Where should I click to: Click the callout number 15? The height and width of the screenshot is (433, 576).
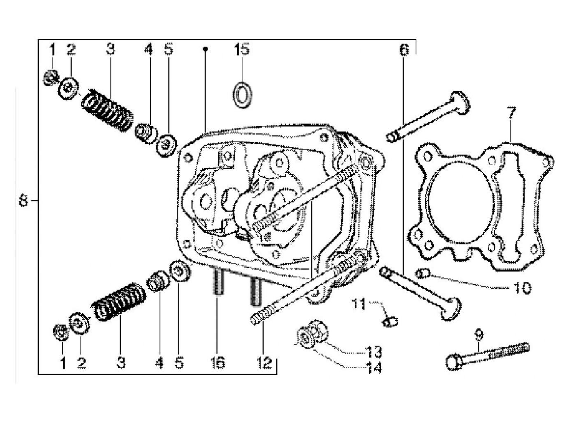coord(242,49)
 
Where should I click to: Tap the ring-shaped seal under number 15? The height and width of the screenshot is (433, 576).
coord(242,94)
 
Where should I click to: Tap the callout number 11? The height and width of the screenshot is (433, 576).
coord(358,305)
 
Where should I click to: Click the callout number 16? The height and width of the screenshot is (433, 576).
coord(218,363)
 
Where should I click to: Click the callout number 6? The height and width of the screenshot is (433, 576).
coord(404,50)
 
